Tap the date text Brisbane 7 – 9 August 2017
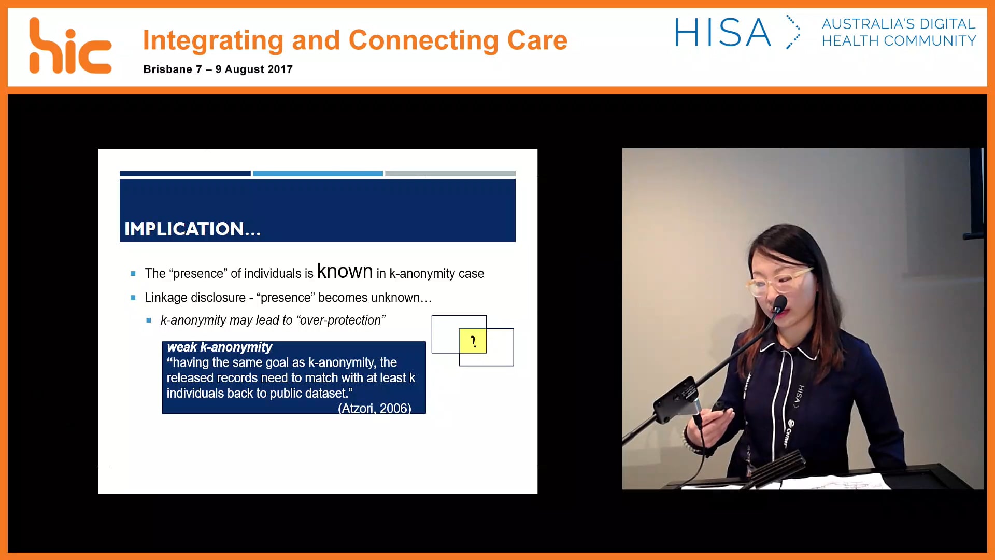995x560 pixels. click(218, 69)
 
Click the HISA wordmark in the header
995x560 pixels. click(722, 33)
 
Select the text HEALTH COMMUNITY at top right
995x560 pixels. click(899, 41)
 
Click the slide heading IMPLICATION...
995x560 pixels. click(192, 229)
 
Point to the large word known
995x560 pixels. click(345, 271)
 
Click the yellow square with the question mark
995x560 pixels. click(472, 341)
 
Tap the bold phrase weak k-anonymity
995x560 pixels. click(219, 347)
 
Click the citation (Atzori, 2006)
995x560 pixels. click(374, 408)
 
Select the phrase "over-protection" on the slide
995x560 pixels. click(340, 320)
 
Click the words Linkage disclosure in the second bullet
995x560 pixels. click(195, 298)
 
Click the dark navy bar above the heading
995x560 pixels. click(185, 173)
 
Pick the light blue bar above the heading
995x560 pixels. click(317, 173)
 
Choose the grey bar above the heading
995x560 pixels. click(450, 173)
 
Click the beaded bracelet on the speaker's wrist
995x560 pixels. click(689, 443)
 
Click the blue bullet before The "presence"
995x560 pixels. click(133, 274)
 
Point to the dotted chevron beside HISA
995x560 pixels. click(793, 32)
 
